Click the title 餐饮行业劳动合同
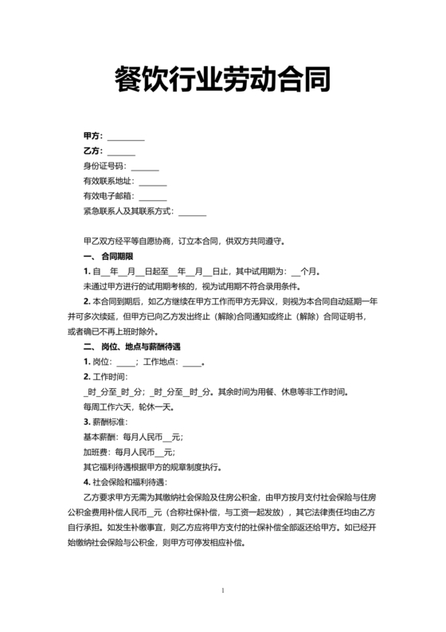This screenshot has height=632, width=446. [223, 80]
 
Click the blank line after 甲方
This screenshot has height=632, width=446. [126, 138]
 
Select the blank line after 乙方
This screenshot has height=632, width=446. [121, 152]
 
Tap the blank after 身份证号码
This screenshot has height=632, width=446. [145, 167]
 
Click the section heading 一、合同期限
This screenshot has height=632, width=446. [108, 256]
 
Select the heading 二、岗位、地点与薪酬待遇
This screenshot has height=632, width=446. [132, 347]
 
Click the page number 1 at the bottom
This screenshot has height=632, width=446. [224, 591]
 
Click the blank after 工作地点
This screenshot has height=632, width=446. [192, 362]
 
